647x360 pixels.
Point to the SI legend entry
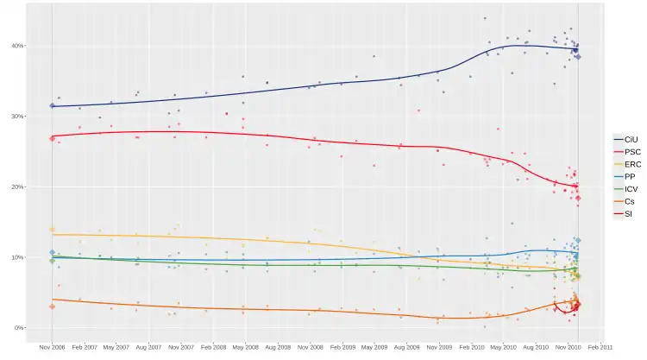coord(627,213)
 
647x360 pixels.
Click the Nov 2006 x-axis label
coord(52,347)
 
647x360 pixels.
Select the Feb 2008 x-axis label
coord(213,347)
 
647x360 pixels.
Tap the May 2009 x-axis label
coord(374,347)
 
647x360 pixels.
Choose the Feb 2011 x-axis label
coord(600,347)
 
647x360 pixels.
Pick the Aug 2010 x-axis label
coord(536,347)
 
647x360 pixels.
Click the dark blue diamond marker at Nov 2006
coord(52,106)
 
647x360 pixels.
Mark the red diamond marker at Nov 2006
coord(52,138)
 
